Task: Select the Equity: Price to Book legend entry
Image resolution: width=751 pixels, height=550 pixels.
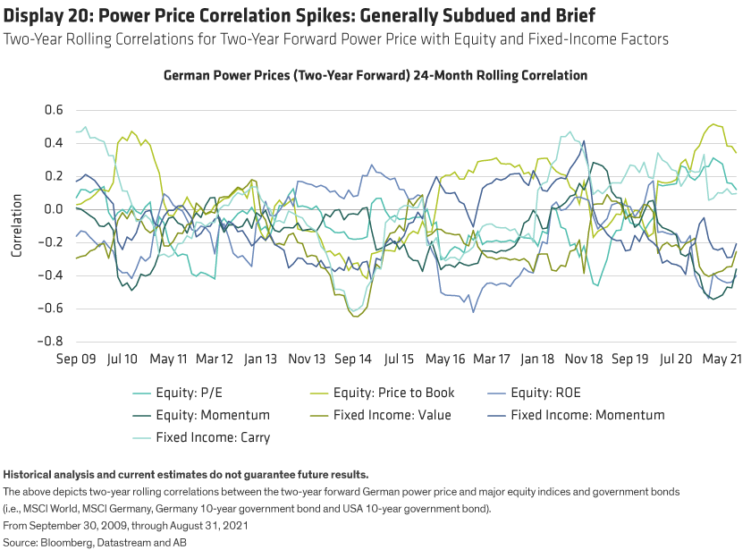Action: click(x=393, y=393)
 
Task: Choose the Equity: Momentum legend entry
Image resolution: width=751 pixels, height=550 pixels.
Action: click(x=212, y=415)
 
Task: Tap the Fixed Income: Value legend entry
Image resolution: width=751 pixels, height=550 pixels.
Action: click(x=392, y=415)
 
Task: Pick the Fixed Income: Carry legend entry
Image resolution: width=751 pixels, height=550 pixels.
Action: click(x=212, y=437)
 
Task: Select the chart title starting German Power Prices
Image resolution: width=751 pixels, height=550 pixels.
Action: click(x=375, y=76)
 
